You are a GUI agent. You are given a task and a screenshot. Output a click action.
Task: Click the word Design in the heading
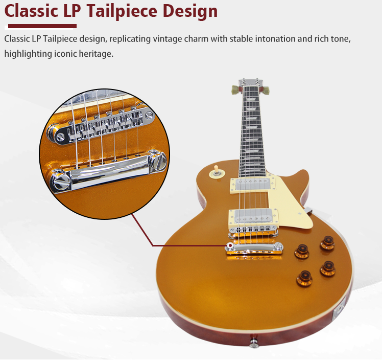(190, 11)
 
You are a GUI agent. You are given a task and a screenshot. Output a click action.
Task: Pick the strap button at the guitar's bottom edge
(253, 343)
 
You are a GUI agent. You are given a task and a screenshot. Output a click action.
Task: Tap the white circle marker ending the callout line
(231, 245)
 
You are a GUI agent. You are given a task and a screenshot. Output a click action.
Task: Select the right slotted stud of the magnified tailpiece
(160, 162)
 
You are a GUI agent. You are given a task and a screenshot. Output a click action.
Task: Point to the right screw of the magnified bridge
(149, 115)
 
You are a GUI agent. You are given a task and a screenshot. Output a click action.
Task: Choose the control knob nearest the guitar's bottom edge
(305, 277)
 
